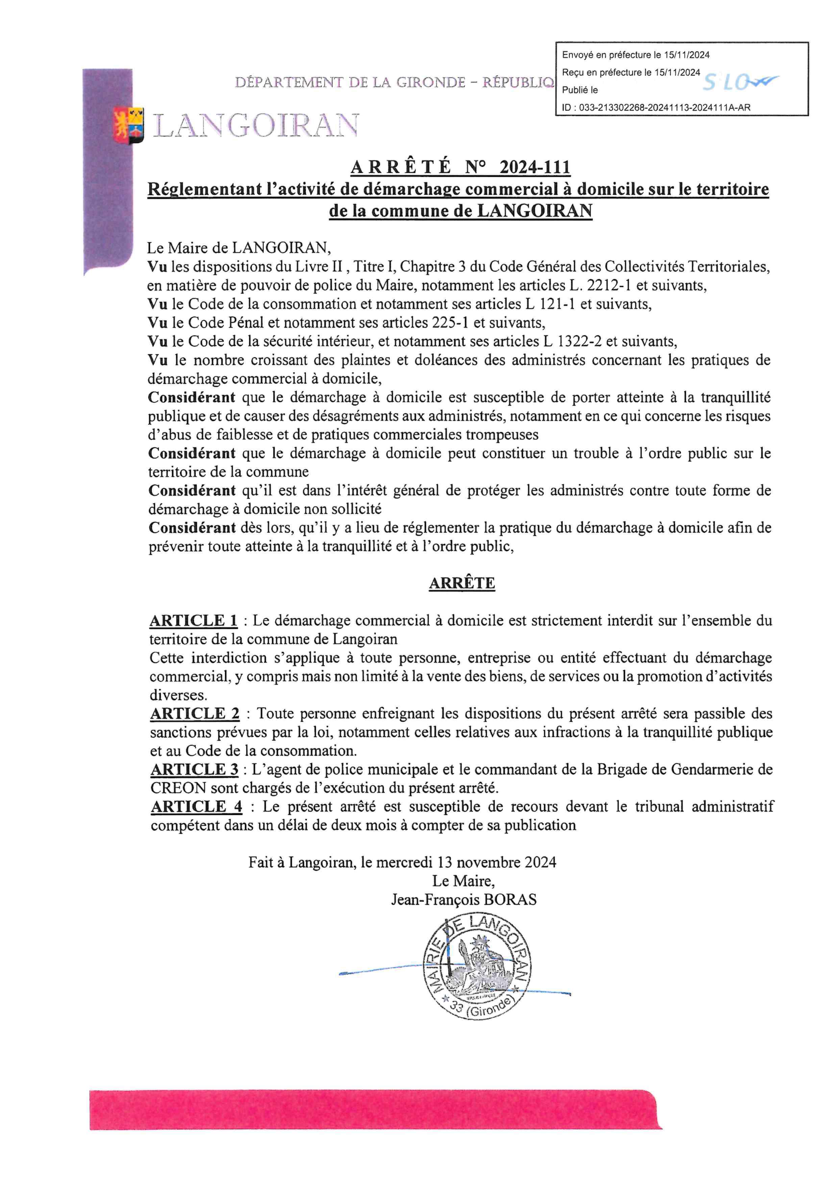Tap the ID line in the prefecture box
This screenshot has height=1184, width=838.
(656, 108)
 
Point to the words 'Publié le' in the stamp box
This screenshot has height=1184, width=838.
(580, 90)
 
